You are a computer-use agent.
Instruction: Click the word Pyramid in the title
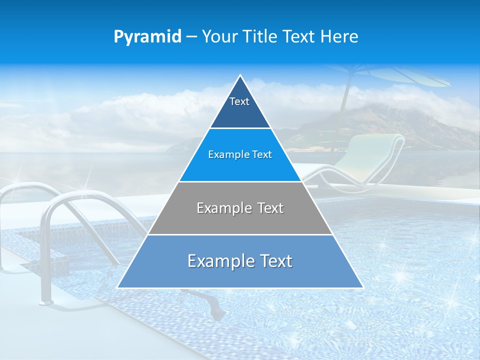point(147,36)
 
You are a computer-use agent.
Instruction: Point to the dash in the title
point(191,37)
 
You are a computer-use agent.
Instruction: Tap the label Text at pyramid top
point(239,101)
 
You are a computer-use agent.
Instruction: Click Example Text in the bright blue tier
point(240,154)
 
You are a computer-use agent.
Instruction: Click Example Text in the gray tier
point(240,208)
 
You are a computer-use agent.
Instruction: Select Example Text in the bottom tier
point(240,261)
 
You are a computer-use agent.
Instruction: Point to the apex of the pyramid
point(240,75)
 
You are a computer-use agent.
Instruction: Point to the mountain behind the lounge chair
point(400,122)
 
